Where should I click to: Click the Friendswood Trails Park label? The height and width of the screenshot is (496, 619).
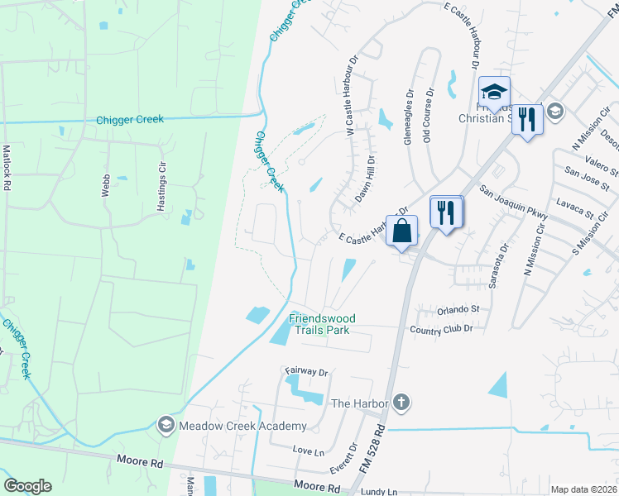(x=319, y=324)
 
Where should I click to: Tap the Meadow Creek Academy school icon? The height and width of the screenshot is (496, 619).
(x=165, y=425)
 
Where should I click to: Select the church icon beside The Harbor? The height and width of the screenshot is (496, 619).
(x=401, y=403)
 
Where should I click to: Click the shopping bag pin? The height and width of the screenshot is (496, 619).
(x=402, y=231)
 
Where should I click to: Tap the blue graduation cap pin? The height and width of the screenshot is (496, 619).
(x=493, y=92)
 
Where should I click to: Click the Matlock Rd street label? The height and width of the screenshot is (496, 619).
(x=7, y=169)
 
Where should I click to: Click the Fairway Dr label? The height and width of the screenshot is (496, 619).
(x=306, y=372)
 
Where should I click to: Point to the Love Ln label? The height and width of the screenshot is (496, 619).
(x=308, y=451)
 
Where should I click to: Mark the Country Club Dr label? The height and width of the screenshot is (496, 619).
(x=440, y=328)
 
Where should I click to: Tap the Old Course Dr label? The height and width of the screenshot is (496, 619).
(x=428, y=115)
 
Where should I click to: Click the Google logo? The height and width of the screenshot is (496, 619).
(x=27, y=486)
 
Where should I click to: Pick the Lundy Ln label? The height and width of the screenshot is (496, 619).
(x=380, y=490)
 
